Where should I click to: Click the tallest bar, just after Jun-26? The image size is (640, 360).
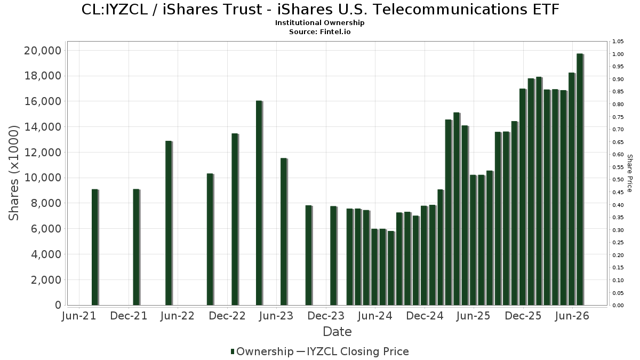[580, 179]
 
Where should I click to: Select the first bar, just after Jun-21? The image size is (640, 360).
[95, 247]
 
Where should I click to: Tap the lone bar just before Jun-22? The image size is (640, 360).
[169, 223]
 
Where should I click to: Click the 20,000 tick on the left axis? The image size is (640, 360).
[43, 51]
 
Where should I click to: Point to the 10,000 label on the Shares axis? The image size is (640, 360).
[43, 178]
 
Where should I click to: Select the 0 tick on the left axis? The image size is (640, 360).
[58, 305]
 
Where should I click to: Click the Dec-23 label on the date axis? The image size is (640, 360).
[326, 316]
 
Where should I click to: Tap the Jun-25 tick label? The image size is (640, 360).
[474, 316]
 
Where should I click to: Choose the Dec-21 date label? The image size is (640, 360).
[129, 316]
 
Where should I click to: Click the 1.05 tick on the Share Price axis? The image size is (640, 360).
[618, 42]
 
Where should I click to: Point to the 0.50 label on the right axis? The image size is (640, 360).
[618, 180]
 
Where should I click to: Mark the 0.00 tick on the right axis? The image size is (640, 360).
[618, 306]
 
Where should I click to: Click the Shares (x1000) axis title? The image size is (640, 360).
[13, 173]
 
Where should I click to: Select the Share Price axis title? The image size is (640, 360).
[630, 173]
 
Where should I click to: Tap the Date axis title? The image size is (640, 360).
[337, 332]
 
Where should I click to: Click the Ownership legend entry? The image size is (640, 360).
[262, 351]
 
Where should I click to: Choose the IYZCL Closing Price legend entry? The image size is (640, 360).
[353, 351]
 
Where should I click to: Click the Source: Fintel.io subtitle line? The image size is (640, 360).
[319, 31]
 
